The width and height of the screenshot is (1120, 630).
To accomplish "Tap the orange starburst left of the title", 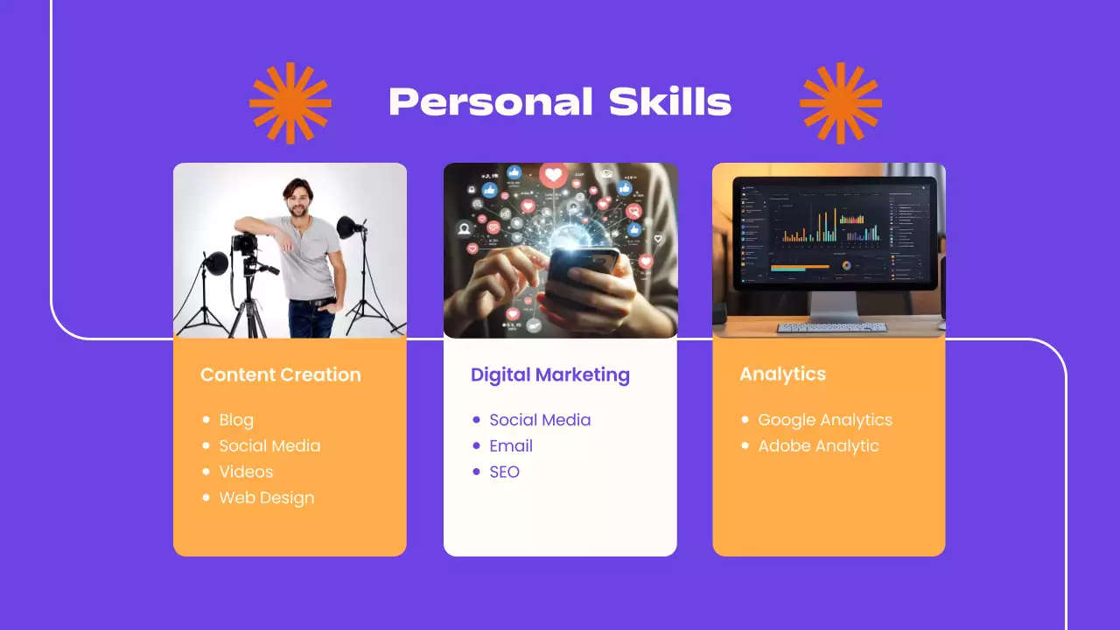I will (290, 102).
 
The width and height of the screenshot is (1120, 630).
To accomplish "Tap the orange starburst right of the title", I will (841, 102).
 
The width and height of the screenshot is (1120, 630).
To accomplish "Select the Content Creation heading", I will (280, 374).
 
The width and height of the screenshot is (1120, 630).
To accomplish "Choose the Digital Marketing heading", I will (549, 374).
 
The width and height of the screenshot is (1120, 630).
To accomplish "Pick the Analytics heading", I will (782, 374).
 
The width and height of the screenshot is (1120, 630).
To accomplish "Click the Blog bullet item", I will (236, 420).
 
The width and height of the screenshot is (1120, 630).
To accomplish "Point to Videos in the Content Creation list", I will (246, 472).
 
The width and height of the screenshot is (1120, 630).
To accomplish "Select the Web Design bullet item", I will (266, 498).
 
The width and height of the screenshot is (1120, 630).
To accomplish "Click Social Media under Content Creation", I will (269, 445).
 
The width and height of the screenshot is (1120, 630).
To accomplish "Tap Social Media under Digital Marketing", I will (540, 420).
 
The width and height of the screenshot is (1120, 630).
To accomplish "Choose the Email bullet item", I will (511, 445).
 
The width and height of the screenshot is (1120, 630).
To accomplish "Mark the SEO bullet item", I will (504, 472).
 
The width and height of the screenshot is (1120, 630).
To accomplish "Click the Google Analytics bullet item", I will (824, 420).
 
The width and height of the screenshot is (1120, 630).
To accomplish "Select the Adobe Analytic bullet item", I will (818, 445).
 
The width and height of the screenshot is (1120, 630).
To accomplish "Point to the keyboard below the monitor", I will (831, 327).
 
